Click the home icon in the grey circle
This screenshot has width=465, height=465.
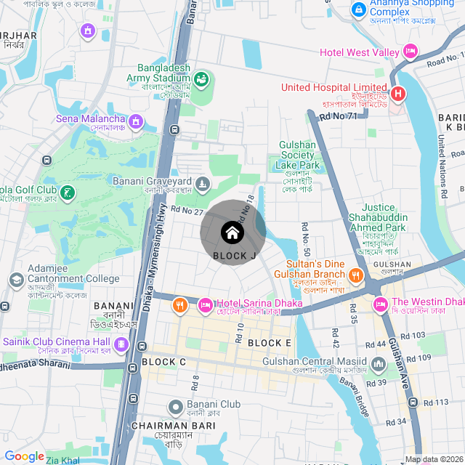coord(232,232)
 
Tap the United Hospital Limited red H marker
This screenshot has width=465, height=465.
coord(397,94)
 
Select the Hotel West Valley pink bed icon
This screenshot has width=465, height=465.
coord(411,52)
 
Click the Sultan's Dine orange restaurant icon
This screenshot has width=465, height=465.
coord(355,275)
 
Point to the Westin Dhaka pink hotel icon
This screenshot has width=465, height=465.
coord(379,302)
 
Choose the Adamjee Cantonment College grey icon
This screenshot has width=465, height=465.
coord(16,279)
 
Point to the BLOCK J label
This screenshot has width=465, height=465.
coord(234,256)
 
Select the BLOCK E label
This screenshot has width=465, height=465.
coord(269,343)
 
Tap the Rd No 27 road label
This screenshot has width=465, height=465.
coord(187,211)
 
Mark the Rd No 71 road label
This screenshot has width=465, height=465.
coord(339,115)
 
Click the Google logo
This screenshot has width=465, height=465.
coord(24,456)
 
